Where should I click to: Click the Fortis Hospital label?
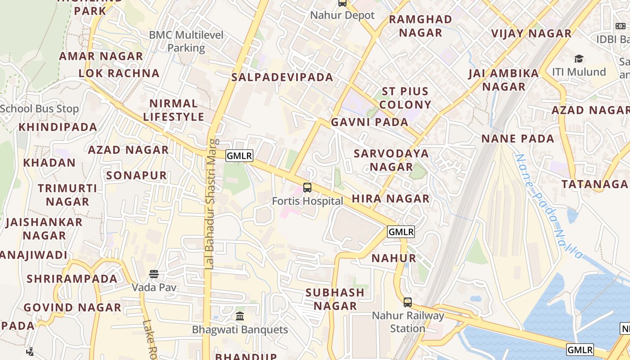click(x=307, y=201)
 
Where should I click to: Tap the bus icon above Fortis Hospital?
click(x=307, y=188)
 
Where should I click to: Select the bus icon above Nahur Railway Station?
click(x=408, y=302)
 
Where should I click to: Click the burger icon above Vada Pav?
click(x=154, y=274)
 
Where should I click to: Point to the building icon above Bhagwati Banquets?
click(x=240, y=316)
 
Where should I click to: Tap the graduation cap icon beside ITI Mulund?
click(x=579, y=59)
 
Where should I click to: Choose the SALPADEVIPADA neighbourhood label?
click(x=282, y=77)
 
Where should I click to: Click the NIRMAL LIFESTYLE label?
click(x=174, y=110)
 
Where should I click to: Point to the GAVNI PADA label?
click(x=369, y=122)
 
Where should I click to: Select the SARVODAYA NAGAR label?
click(x=391, y=160)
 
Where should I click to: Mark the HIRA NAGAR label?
click(x=391, y=198)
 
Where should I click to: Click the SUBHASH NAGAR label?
click(x=335, y=299)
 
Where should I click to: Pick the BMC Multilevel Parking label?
click(x=186, y=41)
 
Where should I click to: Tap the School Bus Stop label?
click(x=39, y=109)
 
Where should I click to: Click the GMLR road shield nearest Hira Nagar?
click(x=400, y=232)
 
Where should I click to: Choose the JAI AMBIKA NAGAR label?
click(x=504, y=80)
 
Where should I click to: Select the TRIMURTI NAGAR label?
click(x=67, y=195)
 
